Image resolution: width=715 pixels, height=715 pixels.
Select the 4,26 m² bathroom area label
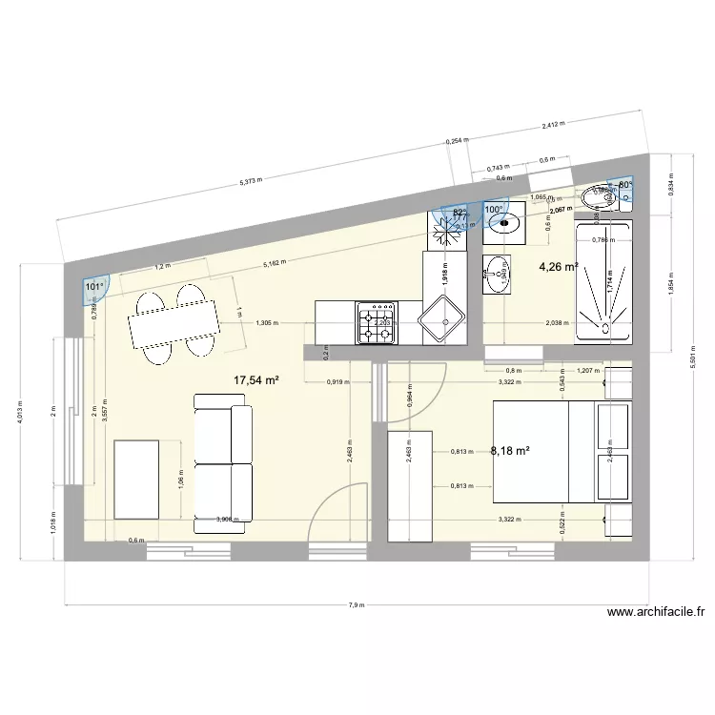559,267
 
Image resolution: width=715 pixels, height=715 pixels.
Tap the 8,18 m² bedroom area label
509,452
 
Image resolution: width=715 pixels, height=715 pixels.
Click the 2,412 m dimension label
553,124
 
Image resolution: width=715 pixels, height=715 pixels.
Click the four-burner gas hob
375,324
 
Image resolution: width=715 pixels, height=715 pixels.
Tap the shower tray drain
603,278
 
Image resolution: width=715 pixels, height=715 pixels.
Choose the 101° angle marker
95,286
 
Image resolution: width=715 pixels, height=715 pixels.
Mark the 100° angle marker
493,210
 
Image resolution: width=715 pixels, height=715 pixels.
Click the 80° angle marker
626,186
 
